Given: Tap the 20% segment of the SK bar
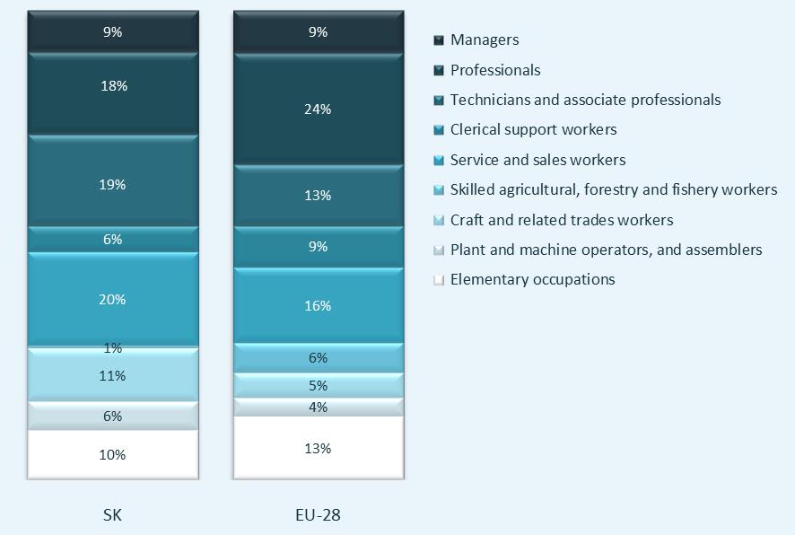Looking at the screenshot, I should click(x=112, y=300).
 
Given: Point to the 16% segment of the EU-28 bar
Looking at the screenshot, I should click(x=318, y=306).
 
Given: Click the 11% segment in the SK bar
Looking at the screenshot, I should click(x=112, y=376).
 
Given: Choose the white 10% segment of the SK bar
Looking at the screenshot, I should click(x=112, y=454).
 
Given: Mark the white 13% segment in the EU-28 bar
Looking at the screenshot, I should click(x=318, y=448).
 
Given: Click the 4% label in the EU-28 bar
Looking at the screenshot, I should click(x=318, y=408).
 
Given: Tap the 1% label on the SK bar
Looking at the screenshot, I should click(x=112, y=348).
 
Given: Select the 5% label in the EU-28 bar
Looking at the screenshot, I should click(x=318, y=386).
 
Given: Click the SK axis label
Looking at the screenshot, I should click(x=112, y=515).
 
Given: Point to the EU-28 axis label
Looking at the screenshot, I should click(x=318, y=515).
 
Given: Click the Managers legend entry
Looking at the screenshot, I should click(x=485, y=39).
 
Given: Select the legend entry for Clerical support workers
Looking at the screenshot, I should click(x=533, y=129).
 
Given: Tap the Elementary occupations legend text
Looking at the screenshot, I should click(x=532, y=279).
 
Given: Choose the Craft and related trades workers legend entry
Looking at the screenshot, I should click(x=561, y=220).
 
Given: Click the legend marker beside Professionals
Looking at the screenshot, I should click(x=439, y=70).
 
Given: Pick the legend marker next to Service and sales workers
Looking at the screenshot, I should click(x=439, y=160).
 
